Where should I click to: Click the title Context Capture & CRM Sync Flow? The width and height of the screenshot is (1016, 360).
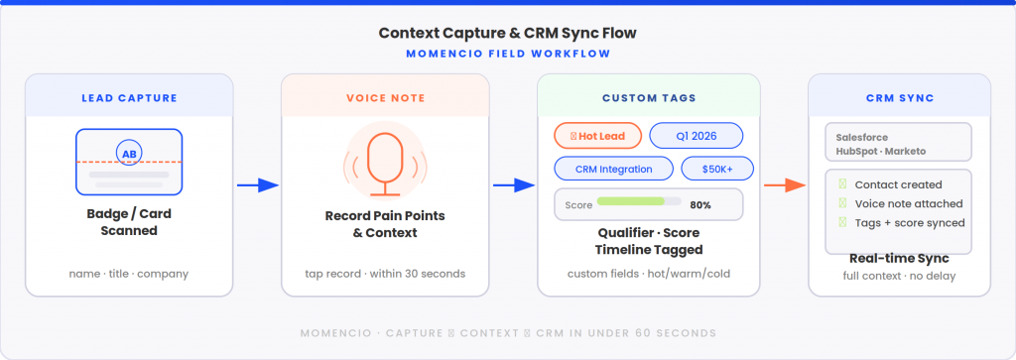(x=507, y=33)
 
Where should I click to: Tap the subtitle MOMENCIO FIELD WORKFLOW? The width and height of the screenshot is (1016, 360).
(x=507, y=54)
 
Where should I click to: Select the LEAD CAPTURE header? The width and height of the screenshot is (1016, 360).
(x=129, y=98)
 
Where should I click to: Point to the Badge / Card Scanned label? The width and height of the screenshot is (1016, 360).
(x=129, y=222)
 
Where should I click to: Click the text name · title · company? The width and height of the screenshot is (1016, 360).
(x=129, y=274)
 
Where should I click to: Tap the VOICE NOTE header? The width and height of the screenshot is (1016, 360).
(x=385, y=98)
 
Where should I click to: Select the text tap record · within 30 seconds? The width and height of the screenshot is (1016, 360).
(x=385, y=274)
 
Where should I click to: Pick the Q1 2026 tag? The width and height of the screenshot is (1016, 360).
(x=696, y=135)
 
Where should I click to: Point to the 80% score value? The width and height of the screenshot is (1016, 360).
(x=699, y=204)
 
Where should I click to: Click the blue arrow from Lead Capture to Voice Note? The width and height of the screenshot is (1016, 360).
(x=257, y=185)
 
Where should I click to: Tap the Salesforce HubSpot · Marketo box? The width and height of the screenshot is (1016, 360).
(x=898, y=142)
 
